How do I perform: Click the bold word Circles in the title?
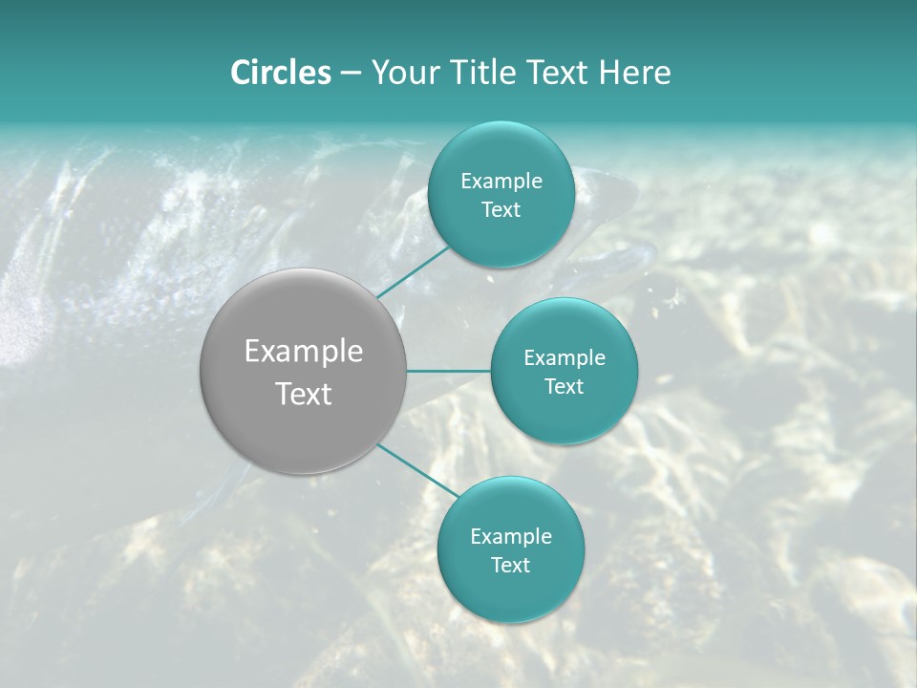click(281, 73)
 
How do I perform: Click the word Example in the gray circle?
click(303, 352)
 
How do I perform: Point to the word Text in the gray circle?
click(303, 394)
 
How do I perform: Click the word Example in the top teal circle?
click(501, 181)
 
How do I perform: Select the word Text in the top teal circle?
click(501, 209)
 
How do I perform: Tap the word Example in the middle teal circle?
click(564, 357)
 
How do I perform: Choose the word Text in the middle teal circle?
click(564, 386)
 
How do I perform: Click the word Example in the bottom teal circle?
click(510, 536)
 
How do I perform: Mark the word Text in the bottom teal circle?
click(510, 565)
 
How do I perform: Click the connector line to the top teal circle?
click(413, 271)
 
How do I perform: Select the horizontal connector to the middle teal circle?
click(448, 371)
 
